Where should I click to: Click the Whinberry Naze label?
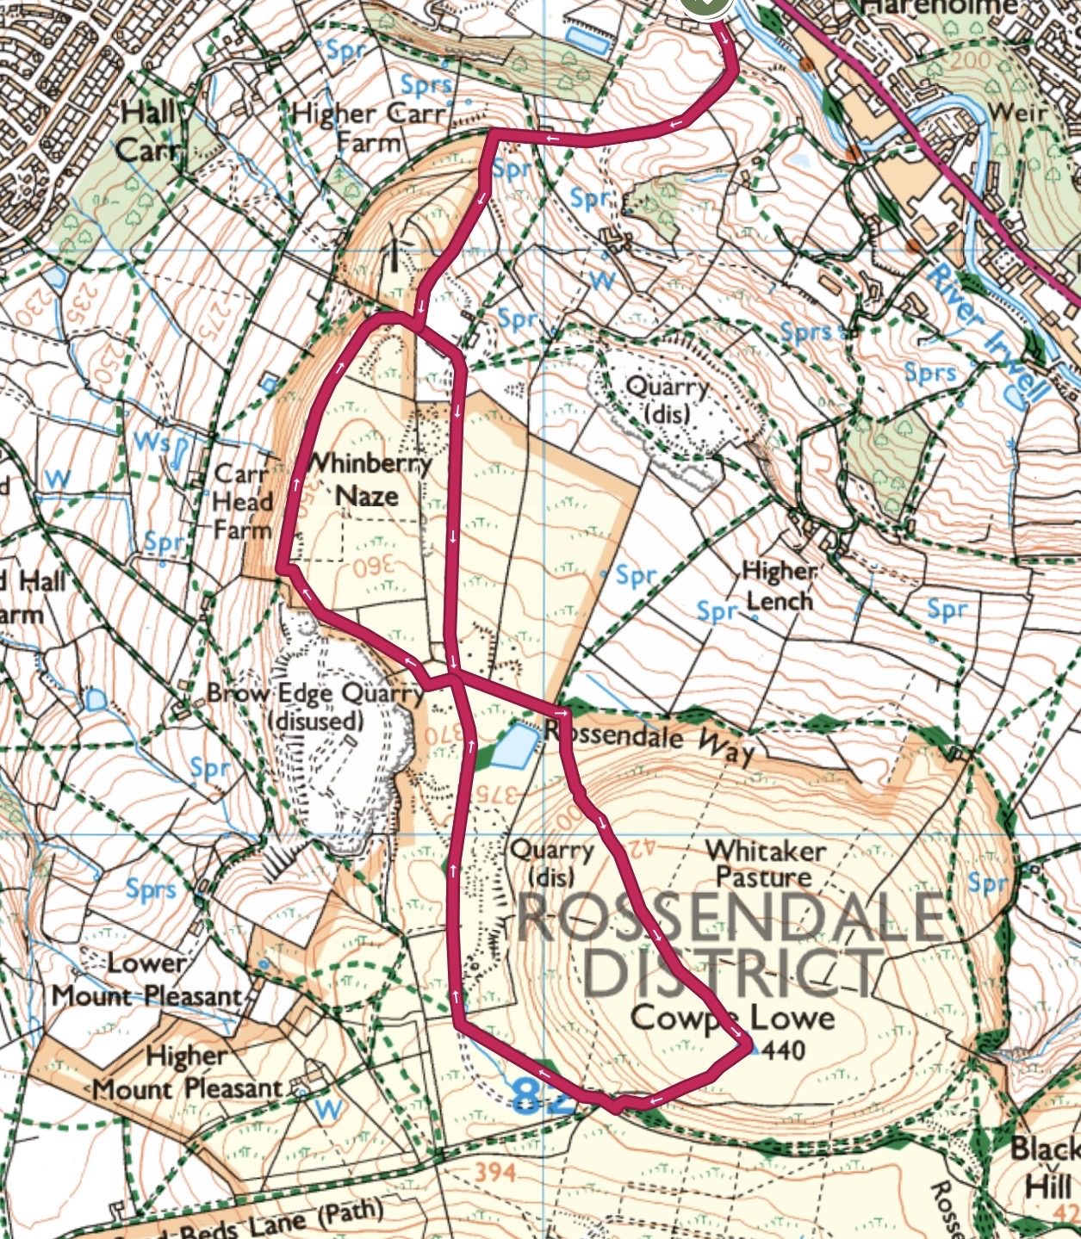[368, 479]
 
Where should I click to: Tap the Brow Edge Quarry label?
[314, 706]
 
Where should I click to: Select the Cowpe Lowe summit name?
[732, 1018]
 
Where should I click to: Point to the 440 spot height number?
[783, 1050]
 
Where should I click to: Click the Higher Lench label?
[780, 585]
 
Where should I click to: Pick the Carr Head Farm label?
[243, 501]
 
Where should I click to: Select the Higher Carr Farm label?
[368, 126]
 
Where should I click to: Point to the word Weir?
[1019, 112]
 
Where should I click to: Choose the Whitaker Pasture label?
[765, 864]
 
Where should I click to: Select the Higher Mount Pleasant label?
[186, 1073]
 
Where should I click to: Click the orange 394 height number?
[495, 1171]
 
